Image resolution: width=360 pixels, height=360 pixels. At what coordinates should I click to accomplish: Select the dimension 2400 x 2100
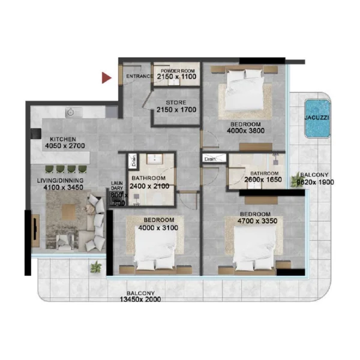coord(149,186)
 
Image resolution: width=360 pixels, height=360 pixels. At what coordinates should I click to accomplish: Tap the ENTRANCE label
coord(139,77)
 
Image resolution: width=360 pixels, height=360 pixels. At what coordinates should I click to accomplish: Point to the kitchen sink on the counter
coord(71,112)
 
